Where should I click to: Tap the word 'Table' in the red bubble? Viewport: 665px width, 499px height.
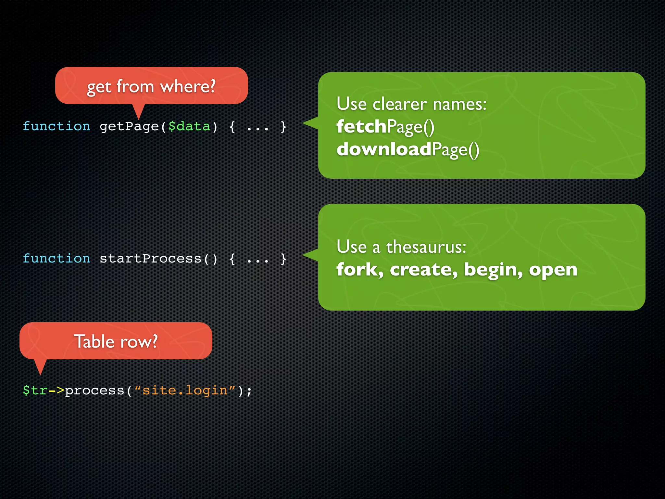94,341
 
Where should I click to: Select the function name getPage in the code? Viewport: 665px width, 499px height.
129,126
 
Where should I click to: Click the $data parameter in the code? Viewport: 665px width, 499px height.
189,126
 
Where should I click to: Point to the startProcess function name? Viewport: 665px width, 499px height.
150,259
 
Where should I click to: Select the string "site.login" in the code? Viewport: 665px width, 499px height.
185,390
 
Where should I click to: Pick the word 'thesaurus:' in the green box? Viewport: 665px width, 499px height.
426,247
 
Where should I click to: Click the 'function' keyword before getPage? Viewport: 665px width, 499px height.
56,126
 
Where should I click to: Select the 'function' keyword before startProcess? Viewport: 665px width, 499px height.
56,259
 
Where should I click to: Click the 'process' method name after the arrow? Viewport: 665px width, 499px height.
94,390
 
